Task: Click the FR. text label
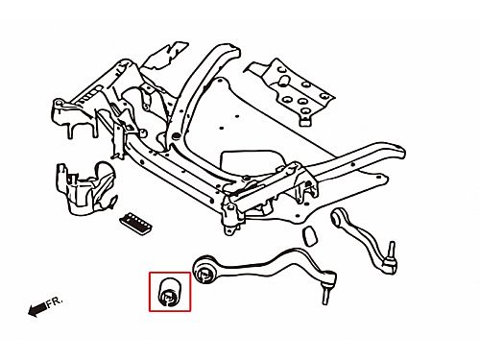coord(55,302)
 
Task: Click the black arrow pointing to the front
coord(37,309)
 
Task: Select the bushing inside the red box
coord(170,292)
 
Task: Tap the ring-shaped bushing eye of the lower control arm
coord(204,269)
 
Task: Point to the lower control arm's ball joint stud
coord(325,296)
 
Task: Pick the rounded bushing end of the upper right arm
coord(338,218)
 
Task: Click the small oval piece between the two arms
coord(310,236)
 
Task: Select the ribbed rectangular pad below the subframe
coord(136,223)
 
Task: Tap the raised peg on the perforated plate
coord(283,80)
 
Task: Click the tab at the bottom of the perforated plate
coord(305,121)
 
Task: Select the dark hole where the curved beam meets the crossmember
coord(175,136)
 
